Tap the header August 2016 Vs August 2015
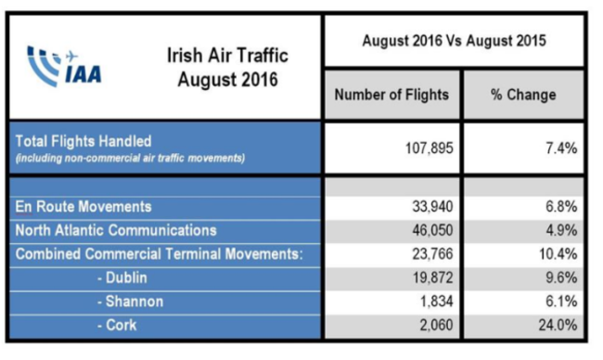[x=453, y=42]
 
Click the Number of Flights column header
[x=391, y=95]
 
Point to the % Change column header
[x=523, y=95]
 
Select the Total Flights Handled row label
[x=83, y=141]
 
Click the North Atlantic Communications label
[x=116, y=230]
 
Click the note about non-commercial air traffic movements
[x=130, y=159]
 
